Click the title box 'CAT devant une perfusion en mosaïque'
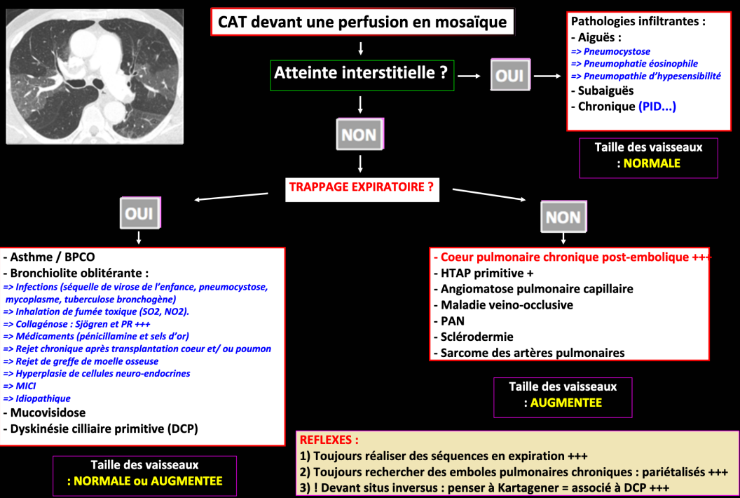pyautogui.click(x=362, y=22)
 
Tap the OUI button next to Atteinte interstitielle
pyautogui.click(x=509, y=74)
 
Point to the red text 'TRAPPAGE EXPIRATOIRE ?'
pyautogui.click(x=361, y=188)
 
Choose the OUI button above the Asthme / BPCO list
pyautogui.click(x=140, y=214)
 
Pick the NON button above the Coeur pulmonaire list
pyautogui.click(x=563, y=217)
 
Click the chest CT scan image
pyautogui.click(x=95, y=76)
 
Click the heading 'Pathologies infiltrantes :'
pyautogui.click(x=638, y=21)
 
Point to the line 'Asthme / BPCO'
pyautogui.click(x=49, y=257)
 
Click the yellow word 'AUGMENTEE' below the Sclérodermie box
pyautogui.click(x=566, y=403)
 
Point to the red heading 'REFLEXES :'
pyautogui.click(x=329, y=440)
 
